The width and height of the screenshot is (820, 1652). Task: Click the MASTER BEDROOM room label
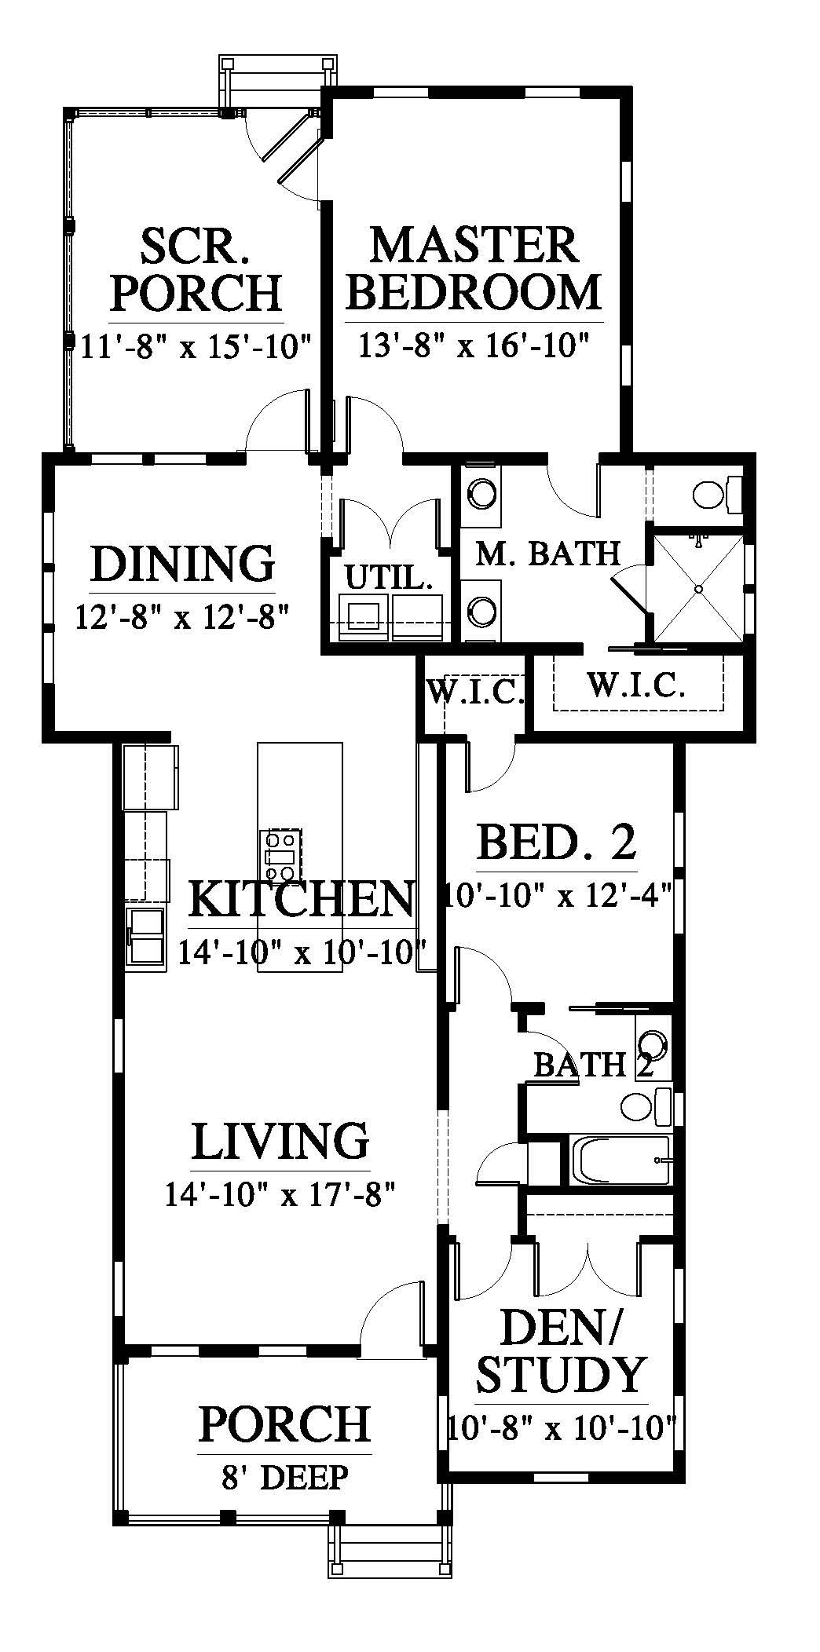click(474, 268)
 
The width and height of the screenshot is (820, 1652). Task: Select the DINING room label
click(183, 563)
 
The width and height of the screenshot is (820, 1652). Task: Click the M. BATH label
click(548, 553)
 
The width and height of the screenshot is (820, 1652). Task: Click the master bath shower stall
click(698, 587)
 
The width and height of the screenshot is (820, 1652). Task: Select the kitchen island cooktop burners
click(281, 855)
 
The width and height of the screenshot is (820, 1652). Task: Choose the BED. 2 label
click(556, 842)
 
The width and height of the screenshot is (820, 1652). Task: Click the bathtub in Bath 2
click(621, 1160)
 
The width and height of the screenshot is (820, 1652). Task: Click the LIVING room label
click(280, 1141)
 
